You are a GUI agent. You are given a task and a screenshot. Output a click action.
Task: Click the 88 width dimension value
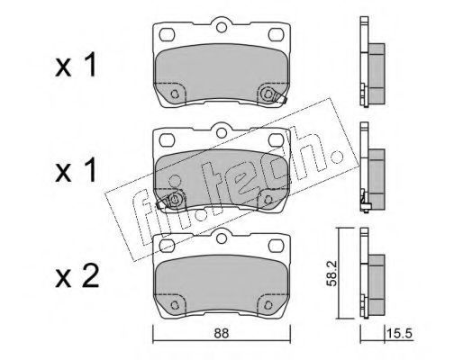(x=222, y=333)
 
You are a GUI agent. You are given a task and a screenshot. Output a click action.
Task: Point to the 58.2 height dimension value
(x=332, y=274)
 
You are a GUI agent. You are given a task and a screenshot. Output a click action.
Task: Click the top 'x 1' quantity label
(x=76, y=64)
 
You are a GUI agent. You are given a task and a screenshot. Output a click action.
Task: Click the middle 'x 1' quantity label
(x=76, y=170)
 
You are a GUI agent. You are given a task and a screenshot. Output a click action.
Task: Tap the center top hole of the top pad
(x=222, y=27)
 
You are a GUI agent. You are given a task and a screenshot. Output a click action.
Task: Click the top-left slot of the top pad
(x=167, y=34)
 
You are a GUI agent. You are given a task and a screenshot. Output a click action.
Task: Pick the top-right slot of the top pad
(x=276, y=34)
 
